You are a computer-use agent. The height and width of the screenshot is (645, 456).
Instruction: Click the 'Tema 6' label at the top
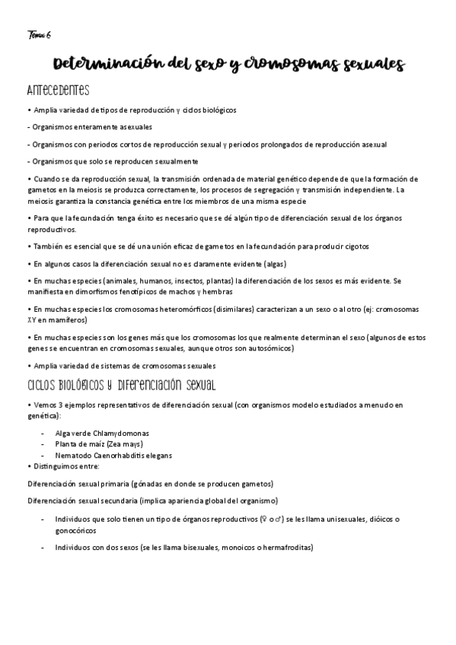click(40, 34)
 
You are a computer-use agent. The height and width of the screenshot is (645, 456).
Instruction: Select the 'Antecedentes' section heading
click(58, 91)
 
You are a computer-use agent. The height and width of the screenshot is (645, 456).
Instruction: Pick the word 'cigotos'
click(353, 246)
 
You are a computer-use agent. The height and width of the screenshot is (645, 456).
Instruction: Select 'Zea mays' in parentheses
click(126, 444)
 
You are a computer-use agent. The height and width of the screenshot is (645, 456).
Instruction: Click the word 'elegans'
click(155, 455)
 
